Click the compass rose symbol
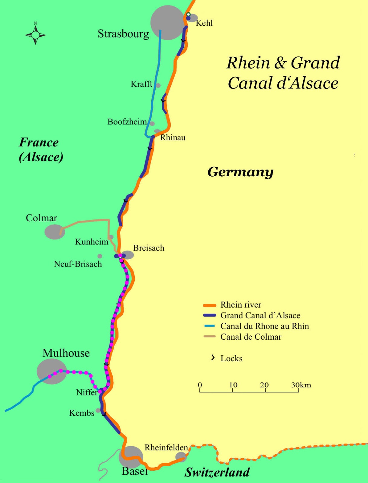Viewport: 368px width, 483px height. [x=35, y=35]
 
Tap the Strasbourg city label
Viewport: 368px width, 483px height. [x=123, y=34]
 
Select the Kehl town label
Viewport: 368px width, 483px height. [x=204, y=23]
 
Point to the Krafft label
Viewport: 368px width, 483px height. [x=141, y=84]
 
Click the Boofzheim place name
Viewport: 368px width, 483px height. [x=127, y=122]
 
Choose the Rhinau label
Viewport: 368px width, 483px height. [x=173, y=138]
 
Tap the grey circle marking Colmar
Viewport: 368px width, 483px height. [x=54, y=232]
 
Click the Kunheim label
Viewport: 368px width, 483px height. [x=92, y=242]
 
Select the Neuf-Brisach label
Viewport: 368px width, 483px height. [x=78, y=264]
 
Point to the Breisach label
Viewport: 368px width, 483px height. [x=149, y=248]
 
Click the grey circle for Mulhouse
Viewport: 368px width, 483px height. [x=52, y=371]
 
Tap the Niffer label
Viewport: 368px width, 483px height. [x=87, y=392]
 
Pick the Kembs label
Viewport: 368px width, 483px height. [x=82, y=413]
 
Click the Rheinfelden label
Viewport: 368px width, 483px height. [x=166, y=447]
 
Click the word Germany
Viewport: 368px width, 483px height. [x=240, y=172]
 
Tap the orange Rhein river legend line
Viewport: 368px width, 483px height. [x=209, y=305]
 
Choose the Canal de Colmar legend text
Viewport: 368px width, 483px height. [x=251, y=337]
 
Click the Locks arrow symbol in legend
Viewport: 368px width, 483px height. [x=213, y=358]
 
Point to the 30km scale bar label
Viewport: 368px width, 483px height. [x=301, y=385]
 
